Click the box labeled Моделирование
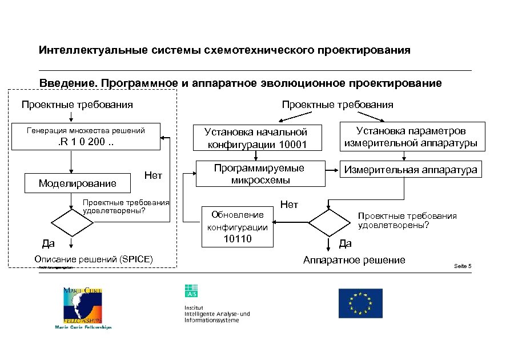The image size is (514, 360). [77, 183]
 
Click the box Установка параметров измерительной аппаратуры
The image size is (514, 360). [412, 137]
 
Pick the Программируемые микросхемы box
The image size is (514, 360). [259, 174]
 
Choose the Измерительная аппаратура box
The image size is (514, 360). [410, 170]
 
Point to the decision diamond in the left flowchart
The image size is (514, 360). [71, 222]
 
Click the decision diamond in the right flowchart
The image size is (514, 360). [328, 222]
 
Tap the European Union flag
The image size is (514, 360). [360, 303]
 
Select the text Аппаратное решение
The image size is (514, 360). [354, 261]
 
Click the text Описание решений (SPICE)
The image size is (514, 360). [94, 259]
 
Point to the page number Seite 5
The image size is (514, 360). [462, 266]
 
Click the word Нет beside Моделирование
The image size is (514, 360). [153, 175]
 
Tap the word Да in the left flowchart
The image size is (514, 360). [48, 245]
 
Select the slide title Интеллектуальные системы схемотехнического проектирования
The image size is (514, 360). [224, 51]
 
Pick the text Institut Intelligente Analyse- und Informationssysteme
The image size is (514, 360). [217, 314]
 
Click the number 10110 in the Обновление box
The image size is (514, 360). [237, 239]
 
